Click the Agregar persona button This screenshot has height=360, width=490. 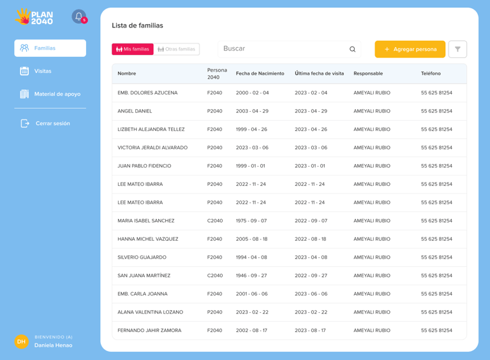410,49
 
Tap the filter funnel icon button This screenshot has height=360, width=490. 457,49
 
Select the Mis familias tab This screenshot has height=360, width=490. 133,49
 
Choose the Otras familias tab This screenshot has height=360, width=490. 177,49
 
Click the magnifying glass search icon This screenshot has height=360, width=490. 352,49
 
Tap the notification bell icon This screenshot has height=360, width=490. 79,17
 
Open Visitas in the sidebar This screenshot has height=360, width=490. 43,71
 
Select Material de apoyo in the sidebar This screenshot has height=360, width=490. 57,94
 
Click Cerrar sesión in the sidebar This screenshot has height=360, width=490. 52,123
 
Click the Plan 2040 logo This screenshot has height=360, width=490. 34,17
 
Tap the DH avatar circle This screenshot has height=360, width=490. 22,341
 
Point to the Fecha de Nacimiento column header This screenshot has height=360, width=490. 260,73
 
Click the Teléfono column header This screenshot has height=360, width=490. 431,73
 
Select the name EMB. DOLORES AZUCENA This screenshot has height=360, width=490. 147,93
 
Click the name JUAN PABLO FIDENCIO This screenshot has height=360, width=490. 144,166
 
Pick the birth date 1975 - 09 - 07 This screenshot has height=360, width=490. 252,221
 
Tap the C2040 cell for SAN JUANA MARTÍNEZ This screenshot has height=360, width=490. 215,276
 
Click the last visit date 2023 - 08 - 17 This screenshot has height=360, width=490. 310,331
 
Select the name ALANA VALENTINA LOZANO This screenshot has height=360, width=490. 150,312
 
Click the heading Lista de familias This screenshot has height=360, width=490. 137,26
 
